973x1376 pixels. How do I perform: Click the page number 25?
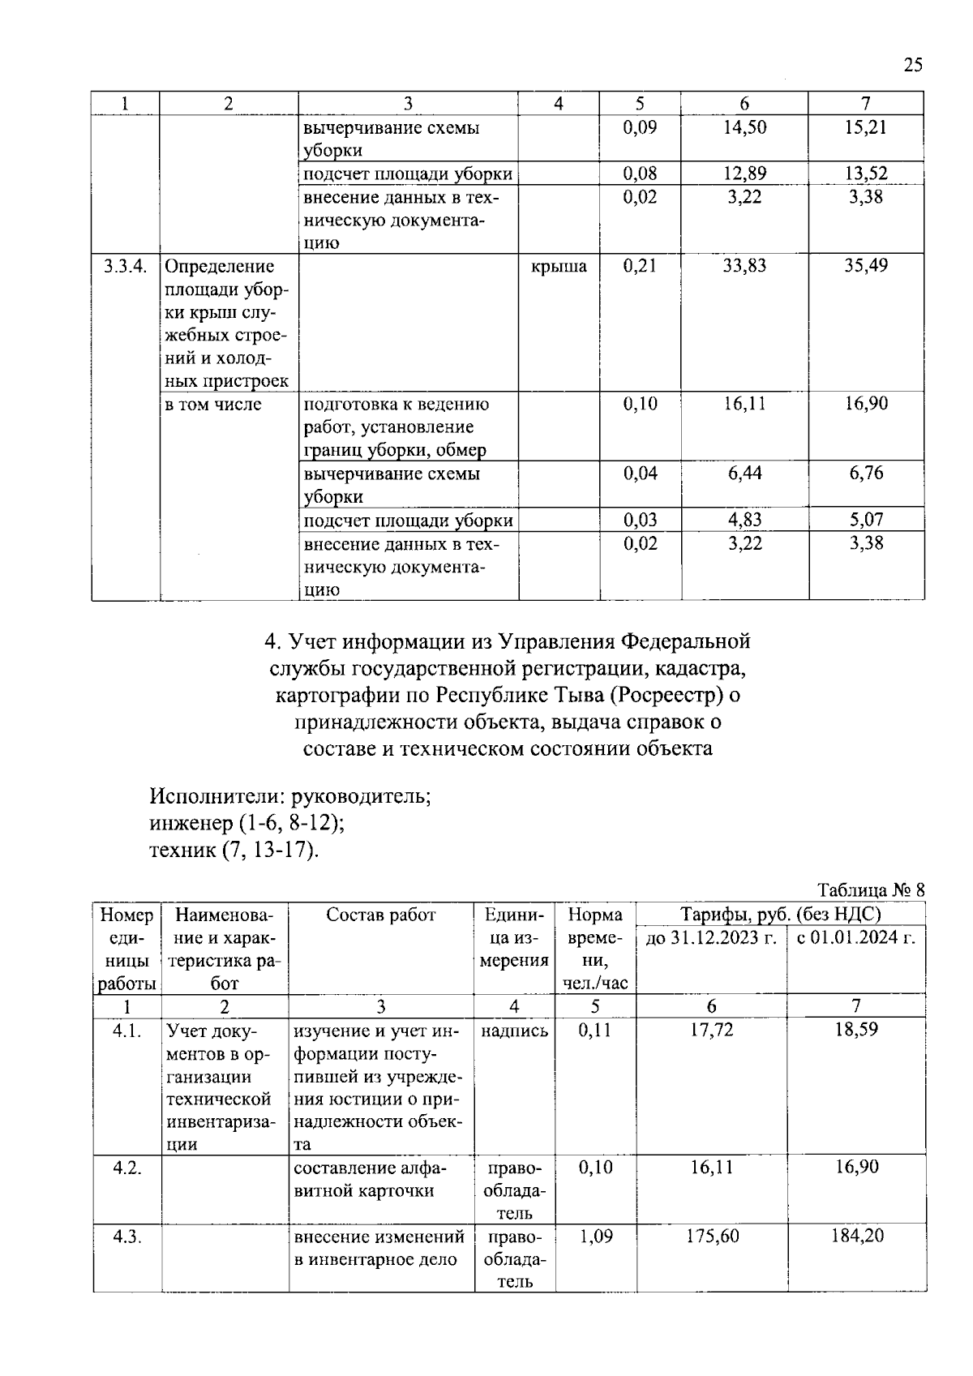pyautogui.click(x=912, y=66)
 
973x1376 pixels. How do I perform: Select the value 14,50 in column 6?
pyautogui.click(x=744, y=127)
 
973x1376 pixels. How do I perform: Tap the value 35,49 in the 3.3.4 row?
pyautogui.click(x=865, y=266)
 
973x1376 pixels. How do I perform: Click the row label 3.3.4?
pyautogui.click(x=125, y=266)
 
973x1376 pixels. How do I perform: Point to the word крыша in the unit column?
pyautogui.click(x=559, y=266)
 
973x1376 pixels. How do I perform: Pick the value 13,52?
pyautogui.click(x=865, y=173)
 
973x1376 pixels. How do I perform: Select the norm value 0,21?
pyautogui.click(x=640, y=266)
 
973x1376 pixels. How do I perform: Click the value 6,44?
pyautogui.click(x=744, y=473)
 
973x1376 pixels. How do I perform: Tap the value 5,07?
pyautogui.click(x=865, y=520)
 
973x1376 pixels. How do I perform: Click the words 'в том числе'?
pyautogui.click(x=213, y=404)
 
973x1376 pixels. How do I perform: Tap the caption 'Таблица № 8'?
pyautogui.click(x=871, y=889)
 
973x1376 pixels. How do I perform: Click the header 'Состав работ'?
pyautogui.click(x=380, y=915)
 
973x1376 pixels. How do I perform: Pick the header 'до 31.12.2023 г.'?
pyautogui.click(x=710, y=937)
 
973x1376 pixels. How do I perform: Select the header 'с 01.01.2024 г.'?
pyautogui.click(x=855, y=937)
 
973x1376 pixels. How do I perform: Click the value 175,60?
pyautogui.click(x=710, y=1236)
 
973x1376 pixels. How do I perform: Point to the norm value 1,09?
pyautogui.click(x=595, y=1236)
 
